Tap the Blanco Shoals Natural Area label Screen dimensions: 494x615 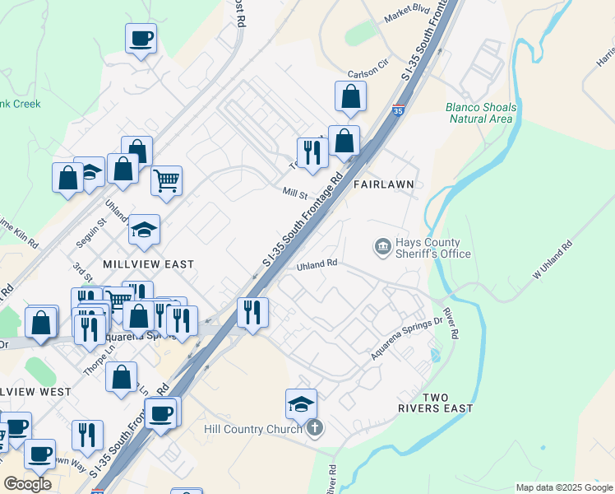click(481, 113)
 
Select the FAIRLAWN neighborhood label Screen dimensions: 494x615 click(382, 185)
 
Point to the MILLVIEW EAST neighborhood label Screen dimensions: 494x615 click(149, 264)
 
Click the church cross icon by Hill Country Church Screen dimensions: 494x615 click(315, 428)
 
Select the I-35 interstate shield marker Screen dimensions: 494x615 click(398, 110)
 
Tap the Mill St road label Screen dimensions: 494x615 click(294, 195)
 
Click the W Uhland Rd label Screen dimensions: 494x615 click(553, 259)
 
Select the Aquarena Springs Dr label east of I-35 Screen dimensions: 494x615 click(405, 338)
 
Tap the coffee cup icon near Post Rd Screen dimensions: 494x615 click(141, 38)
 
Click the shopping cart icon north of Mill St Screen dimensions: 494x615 click(167, 179)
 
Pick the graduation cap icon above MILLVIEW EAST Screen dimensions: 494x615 click(144, 230)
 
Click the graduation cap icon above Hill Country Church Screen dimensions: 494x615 click(302, 403)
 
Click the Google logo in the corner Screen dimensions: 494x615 click(28, 484)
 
